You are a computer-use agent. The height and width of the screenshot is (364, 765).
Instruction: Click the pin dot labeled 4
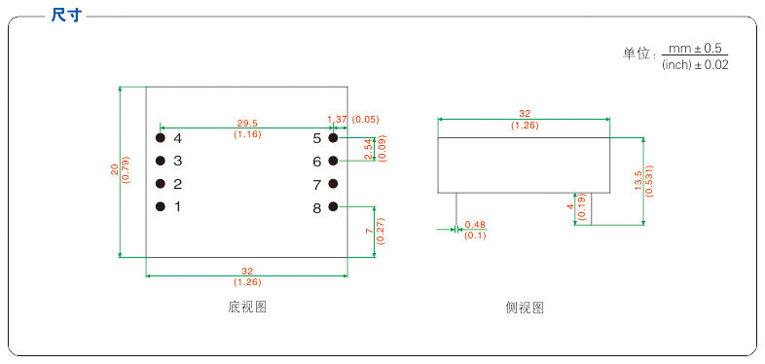coord(161,138)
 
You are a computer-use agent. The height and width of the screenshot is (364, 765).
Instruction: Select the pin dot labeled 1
coord(161,206)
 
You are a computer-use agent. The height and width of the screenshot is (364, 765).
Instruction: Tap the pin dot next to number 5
coord(333,138)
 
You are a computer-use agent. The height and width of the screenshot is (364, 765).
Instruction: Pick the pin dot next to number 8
coord(333,206)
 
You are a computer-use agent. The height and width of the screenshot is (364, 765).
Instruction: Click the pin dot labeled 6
coord(333,161)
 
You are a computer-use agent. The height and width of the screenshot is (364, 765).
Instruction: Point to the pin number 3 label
coord(178,161)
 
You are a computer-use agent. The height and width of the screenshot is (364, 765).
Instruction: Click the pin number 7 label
coord(317,184)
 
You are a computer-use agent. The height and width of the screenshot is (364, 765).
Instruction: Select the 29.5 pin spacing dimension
coord(247,124)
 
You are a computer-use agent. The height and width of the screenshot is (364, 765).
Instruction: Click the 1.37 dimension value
coord(337,119)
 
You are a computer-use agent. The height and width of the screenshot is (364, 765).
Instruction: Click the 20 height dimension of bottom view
coord(114,170)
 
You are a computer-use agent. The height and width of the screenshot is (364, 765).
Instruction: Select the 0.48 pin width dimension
coord(475,225)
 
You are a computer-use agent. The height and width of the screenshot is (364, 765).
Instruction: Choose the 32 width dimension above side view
coord(525,113)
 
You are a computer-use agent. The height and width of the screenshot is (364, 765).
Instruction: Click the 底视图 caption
coord(247,308)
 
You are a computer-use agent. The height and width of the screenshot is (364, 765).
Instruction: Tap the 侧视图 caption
coord(525,308)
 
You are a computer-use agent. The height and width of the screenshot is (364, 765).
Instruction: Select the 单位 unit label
coord(637,55)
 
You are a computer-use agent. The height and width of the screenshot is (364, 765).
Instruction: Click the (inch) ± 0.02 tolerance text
coord(695,64)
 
